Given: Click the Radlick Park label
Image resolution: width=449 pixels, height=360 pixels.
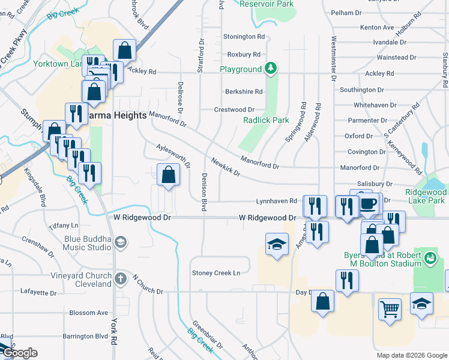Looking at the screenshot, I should (266, 120).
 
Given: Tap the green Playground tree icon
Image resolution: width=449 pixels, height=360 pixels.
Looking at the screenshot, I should (271, 69).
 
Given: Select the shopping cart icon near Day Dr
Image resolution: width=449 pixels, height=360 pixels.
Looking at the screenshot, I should (390, 310).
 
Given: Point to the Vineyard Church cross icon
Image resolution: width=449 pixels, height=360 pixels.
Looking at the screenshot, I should (120, 279).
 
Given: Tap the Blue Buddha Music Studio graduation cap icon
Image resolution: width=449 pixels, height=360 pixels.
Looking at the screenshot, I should (120, 242).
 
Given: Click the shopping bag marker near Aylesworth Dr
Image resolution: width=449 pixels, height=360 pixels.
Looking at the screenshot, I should (168, 175).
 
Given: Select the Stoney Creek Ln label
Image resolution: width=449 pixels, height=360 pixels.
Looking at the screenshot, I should (216, 273).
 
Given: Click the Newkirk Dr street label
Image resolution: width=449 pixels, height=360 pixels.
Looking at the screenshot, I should (226, 167).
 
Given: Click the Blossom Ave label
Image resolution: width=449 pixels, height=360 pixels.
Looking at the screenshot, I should (88, 313).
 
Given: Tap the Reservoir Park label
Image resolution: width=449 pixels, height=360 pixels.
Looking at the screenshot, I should (267, 4).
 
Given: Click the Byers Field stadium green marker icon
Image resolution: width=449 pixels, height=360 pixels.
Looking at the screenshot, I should (430, 259).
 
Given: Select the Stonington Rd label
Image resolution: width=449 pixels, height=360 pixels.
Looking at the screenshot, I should (244, 37).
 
